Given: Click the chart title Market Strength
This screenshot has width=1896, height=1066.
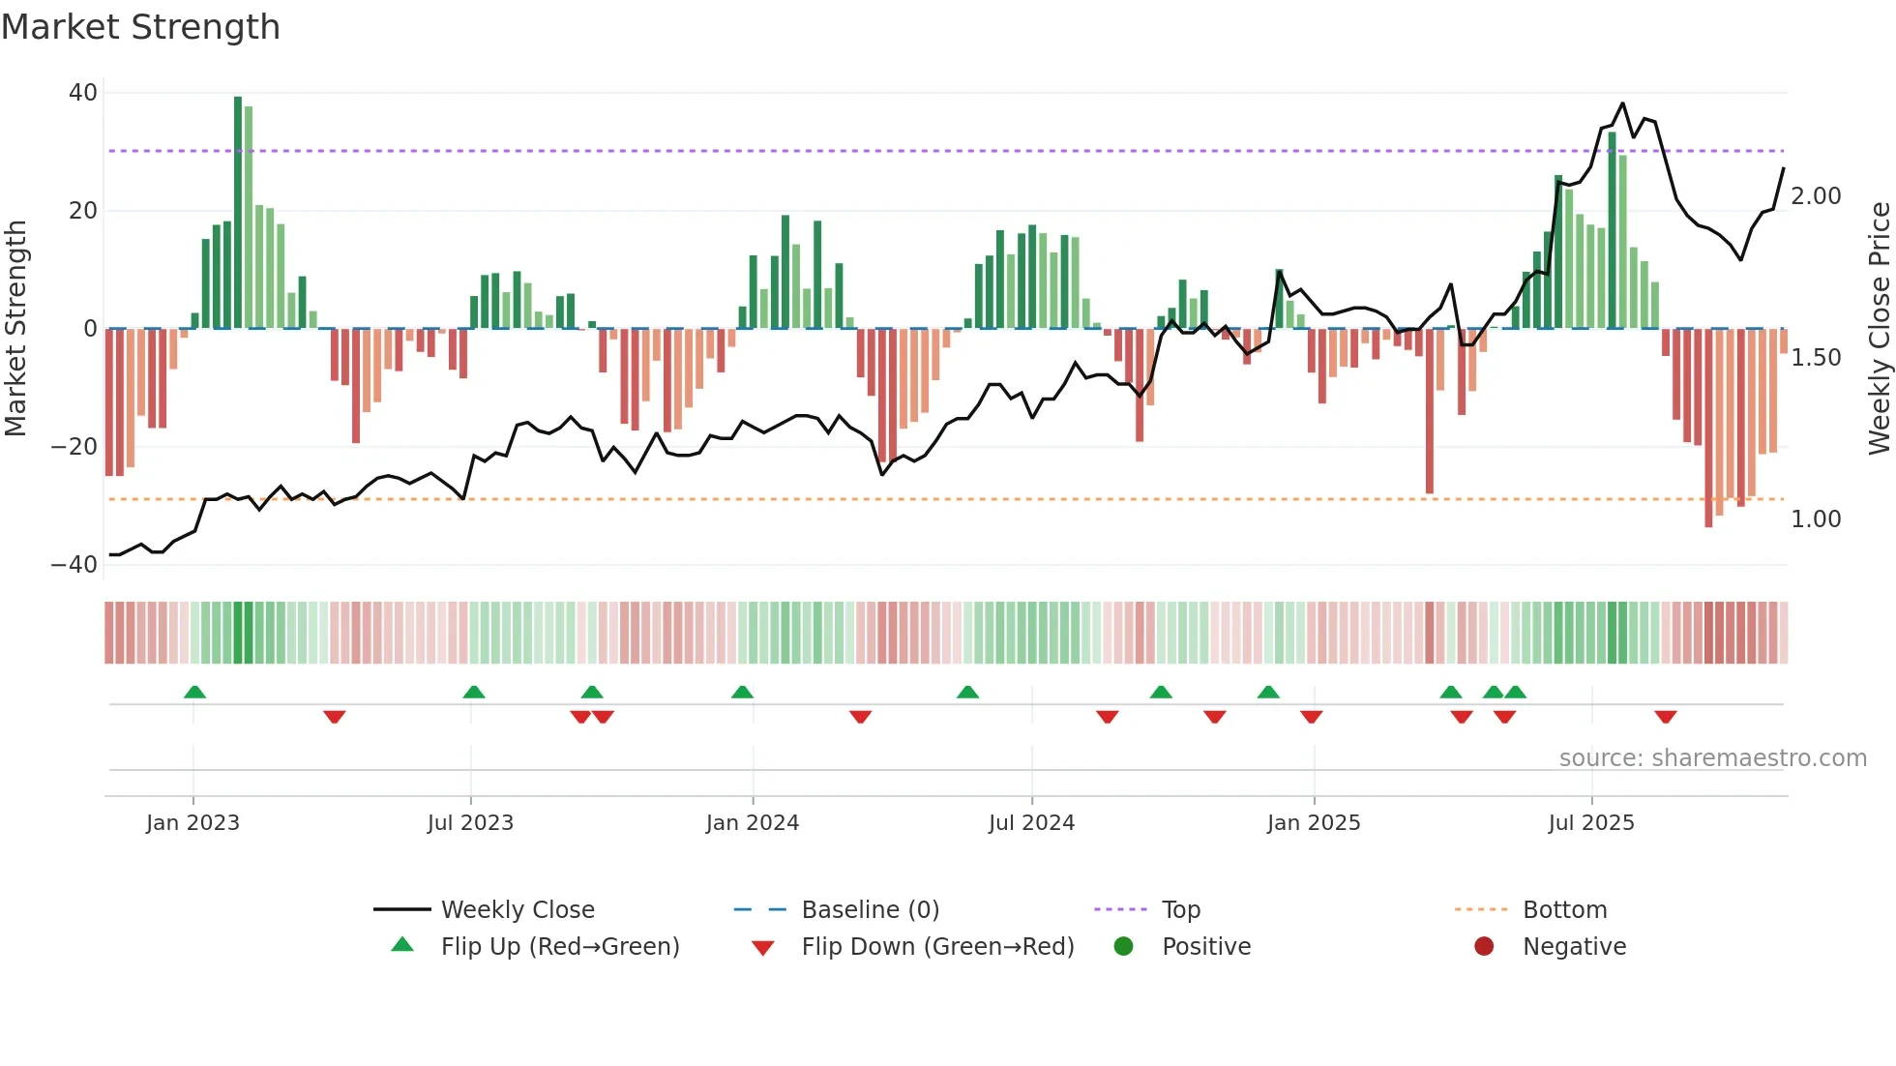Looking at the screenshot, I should [140, 27].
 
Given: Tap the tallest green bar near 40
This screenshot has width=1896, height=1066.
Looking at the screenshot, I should [238, 213].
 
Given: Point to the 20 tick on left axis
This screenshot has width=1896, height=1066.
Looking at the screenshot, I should [83, 211].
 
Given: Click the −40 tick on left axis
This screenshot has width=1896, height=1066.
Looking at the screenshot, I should [74, 565].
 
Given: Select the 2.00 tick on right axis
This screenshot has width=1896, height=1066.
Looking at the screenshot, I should [1816, 196].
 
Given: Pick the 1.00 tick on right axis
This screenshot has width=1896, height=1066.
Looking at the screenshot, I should [1816, 519].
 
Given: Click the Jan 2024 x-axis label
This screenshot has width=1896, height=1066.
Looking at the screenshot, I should [753, 823].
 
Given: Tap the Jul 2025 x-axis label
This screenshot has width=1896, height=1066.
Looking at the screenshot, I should [1591, 823].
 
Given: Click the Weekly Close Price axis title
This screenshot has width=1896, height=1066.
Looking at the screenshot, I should [1879, 329].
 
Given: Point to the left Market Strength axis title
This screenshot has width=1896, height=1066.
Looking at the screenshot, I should [15, 329].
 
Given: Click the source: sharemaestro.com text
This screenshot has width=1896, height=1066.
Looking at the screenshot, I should [1712, 758].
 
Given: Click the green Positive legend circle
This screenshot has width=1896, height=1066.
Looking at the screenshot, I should [1123, 947].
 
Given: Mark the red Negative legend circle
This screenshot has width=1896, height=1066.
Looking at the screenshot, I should [1484, 947].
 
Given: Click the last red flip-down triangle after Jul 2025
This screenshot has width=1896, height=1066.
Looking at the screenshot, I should [1666, 717].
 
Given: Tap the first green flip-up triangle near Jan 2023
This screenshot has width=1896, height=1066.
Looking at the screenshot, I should [194, 692].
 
